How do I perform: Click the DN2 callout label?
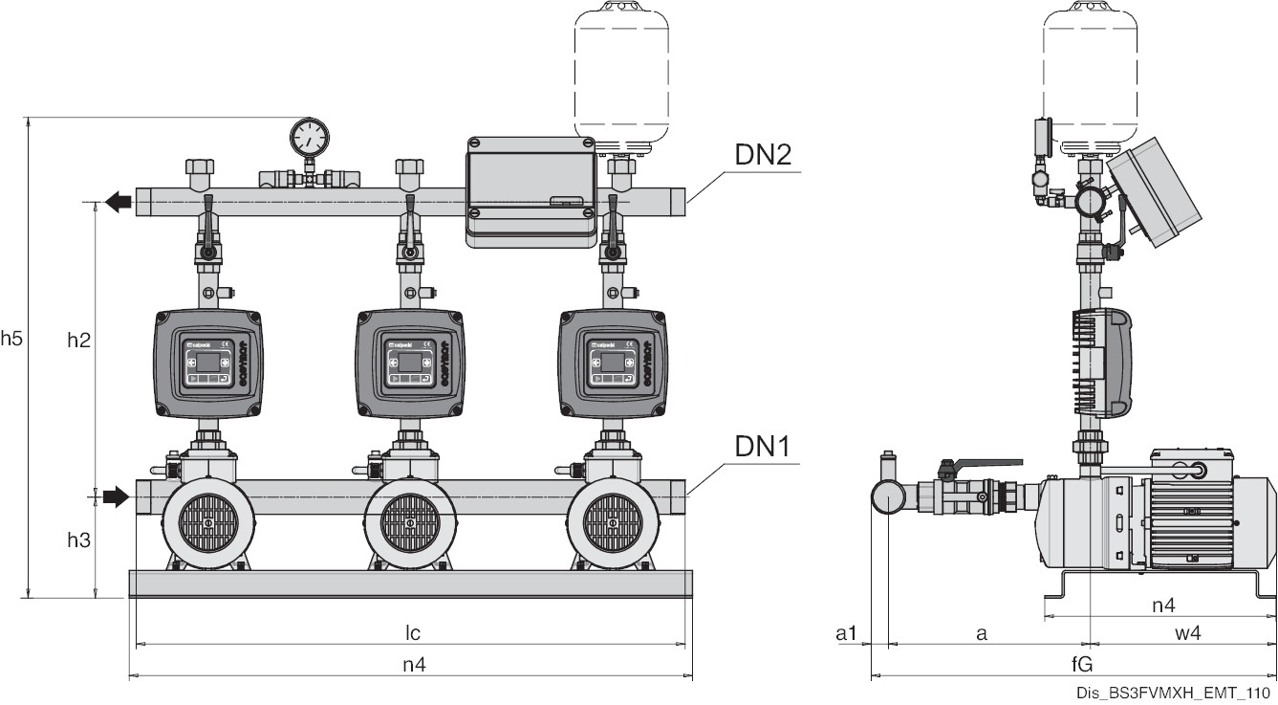click(x=763, y=155)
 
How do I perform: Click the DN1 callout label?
click(x=763, y=447)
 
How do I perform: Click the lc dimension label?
click(x=412, y=632)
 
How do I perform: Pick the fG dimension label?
click(x=1082, y=665)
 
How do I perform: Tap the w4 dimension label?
click(x=1187, y=633)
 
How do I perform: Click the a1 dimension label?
click(x=846, y=633)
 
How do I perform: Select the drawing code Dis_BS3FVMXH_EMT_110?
click(x=1172, y=694)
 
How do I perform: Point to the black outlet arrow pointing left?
click(x=119, y=202)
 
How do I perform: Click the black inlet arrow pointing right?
click(x=115, y=496)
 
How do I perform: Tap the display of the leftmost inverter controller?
click(x=207, y=362)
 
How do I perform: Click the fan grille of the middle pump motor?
click(x=410, y=523)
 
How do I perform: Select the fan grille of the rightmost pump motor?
click(x=613, y=523)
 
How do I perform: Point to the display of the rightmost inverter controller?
click(x=612, y=362)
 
